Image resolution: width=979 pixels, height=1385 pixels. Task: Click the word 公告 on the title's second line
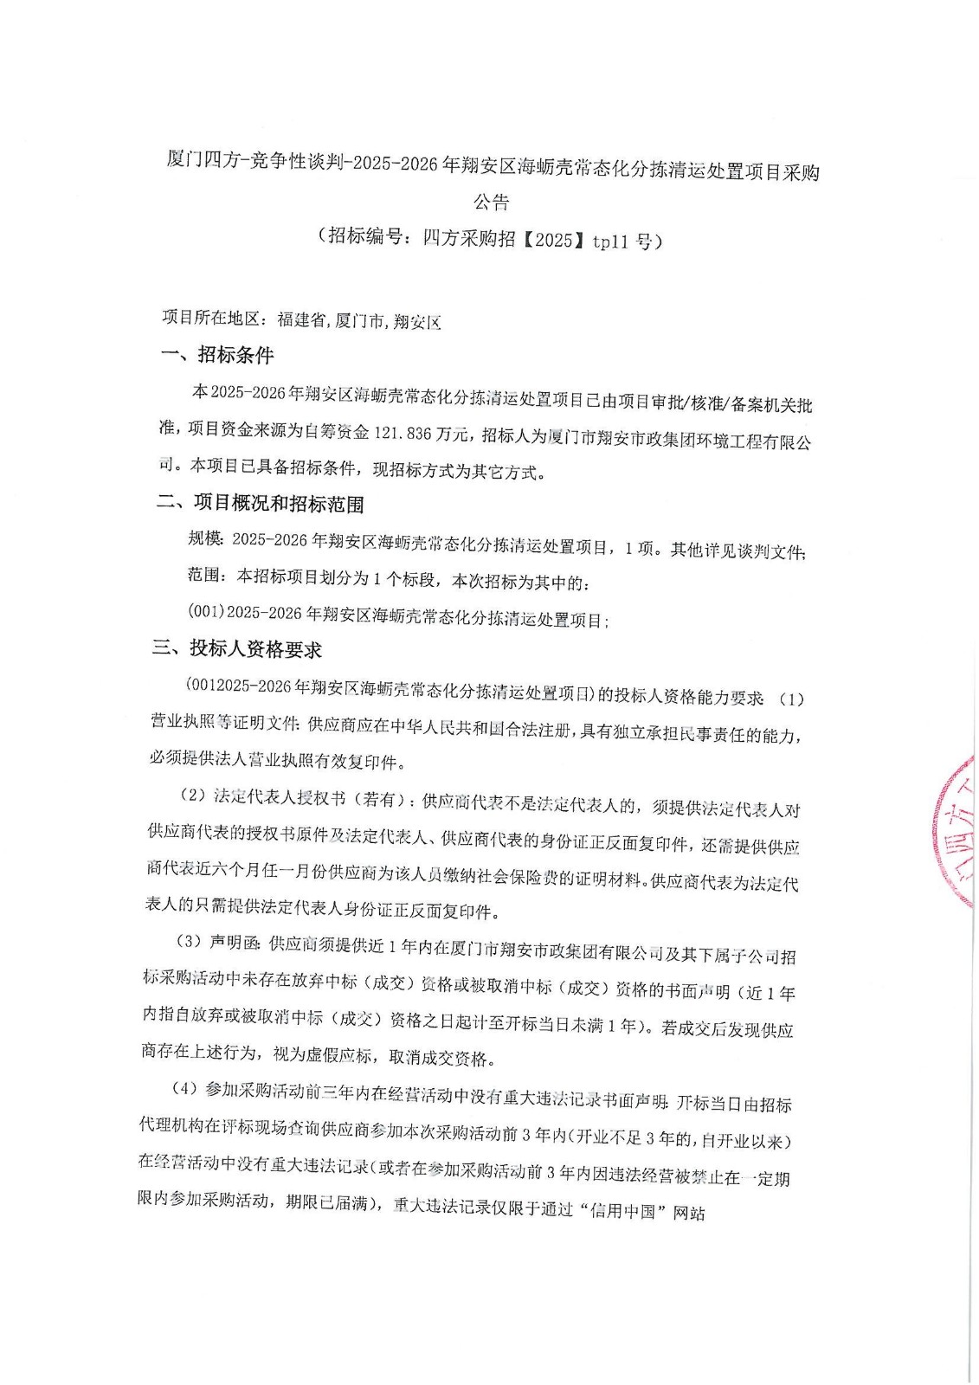click(x=491, y=203)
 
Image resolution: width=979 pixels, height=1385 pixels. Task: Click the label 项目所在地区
click(x=211, y=319)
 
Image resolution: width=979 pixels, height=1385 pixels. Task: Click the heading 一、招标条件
click(x=217, y=355)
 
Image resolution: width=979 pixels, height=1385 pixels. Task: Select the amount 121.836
click(x=406, y=432)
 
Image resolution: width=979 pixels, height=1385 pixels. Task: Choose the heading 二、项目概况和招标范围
click(x=260, y=504)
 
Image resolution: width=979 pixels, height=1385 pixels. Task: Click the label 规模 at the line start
click(x=205, y=538)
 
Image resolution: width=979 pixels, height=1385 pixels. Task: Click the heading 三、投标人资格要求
click(x=237, y=649)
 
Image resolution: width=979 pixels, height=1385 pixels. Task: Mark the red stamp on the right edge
click(x=956, y=831)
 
